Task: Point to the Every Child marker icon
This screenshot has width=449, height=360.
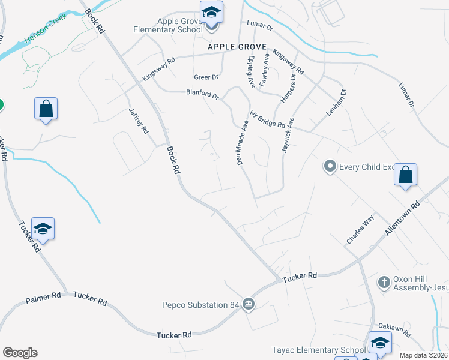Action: pyautogui.click(x=329, y=166)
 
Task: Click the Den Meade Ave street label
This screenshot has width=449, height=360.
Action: pyautogui.click(x=242, y=143)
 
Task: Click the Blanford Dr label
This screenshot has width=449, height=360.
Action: pyautogui.click(x=203, y=94)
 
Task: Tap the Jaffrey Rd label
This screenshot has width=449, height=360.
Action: pyautogui.click(x=138, y=121)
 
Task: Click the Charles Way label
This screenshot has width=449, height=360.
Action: pyautogui.click(x=360, y=229)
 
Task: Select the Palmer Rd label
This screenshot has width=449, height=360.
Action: pyautogui.click(x=43, y=296)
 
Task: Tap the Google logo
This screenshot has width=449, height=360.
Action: pyautogui.click(x=20, y=353)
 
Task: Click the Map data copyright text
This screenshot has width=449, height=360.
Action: pyautogui.click(x=423, y=355)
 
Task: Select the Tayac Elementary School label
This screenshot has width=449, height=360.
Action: pyautogui.click(x=318, y=350)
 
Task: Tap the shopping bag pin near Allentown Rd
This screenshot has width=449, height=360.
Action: pyautogui.click(x=406, y=176)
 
